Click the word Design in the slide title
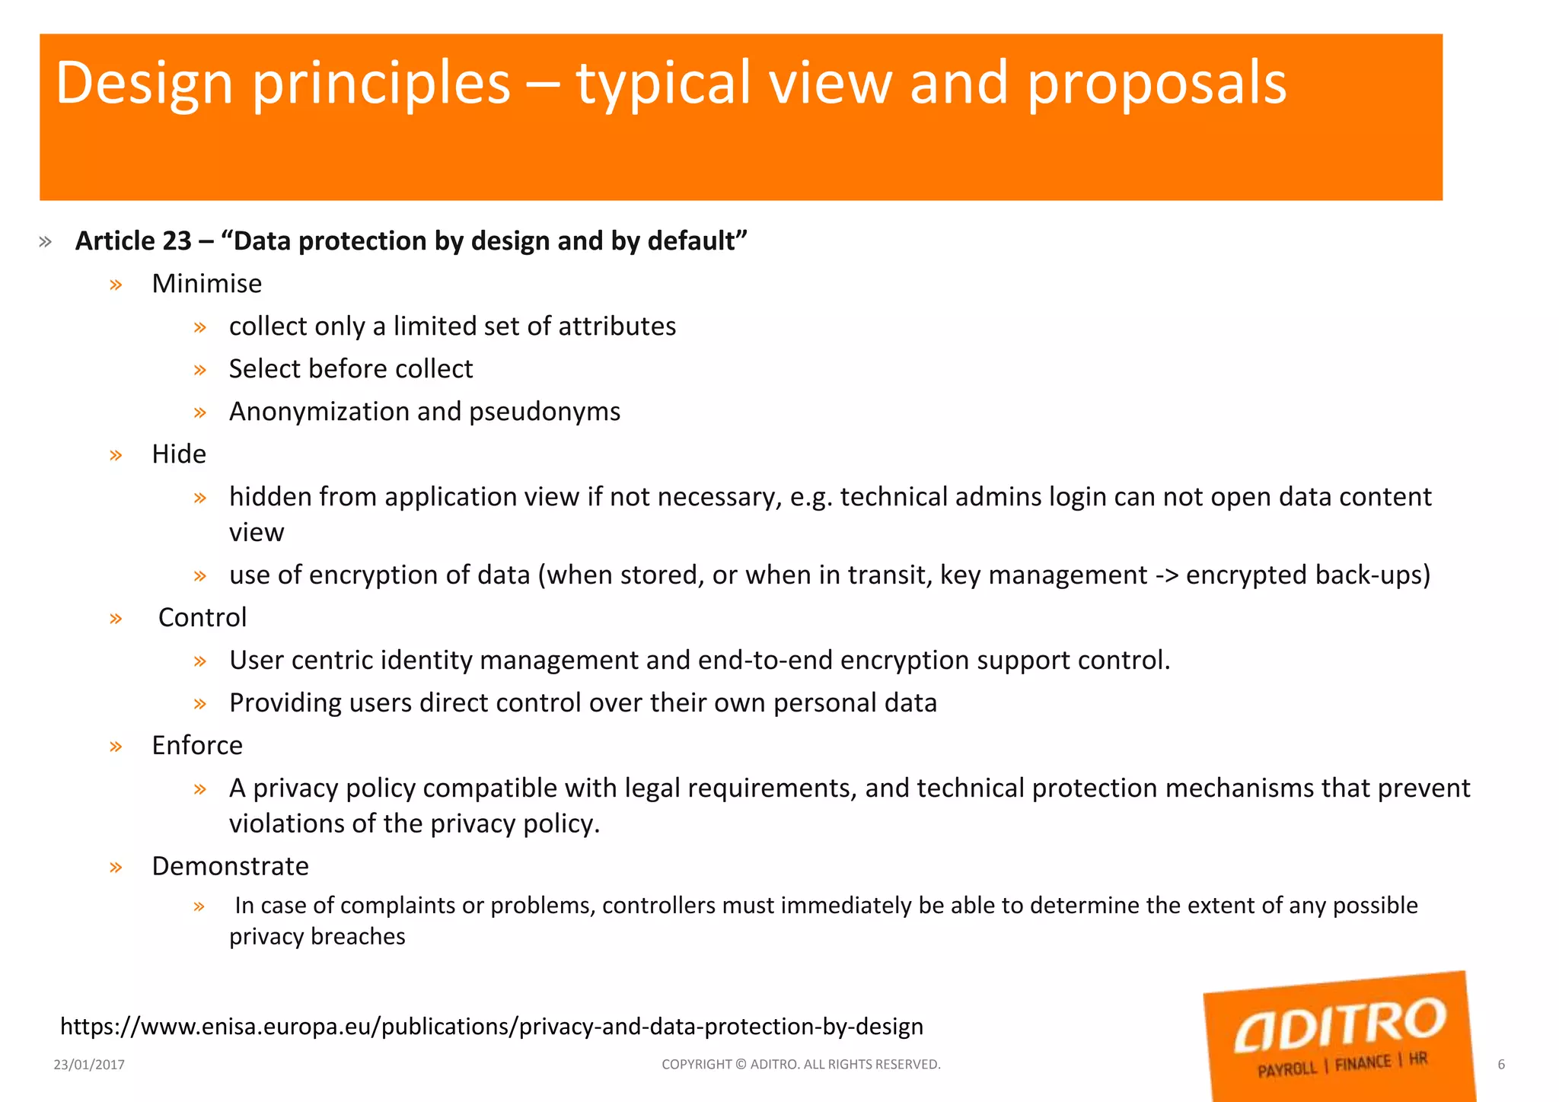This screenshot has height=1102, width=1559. point(144,83)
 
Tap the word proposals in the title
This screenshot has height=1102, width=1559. point(1156,83)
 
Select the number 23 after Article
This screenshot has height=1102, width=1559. point(176,241)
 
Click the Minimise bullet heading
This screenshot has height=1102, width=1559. point(206,284)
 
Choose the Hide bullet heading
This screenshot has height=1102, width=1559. point(179,454)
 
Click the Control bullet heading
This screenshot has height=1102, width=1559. point(202,617)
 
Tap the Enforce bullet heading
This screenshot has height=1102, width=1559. point(197,745)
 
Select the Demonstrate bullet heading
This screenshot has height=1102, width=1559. point(230,866)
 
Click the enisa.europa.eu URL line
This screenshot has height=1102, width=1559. point(491,1027)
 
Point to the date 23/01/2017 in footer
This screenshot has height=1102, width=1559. point(89,1065)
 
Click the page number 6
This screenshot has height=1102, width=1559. point(1501,1065)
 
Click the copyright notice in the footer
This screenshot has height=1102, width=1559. point(801,1065)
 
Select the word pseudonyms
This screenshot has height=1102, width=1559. point(544,412)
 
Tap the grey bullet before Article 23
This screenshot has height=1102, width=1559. point(45,242)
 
